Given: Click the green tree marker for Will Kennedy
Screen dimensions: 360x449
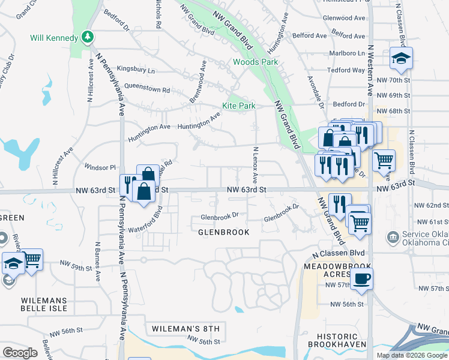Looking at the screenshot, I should point(88,37).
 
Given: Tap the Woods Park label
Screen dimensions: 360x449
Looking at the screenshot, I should point(255,62).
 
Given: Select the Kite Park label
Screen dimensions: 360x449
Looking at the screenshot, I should point(239,106).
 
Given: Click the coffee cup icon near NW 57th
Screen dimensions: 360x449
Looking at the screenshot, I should point(361,279).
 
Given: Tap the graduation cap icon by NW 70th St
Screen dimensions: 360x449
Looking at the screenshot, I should point(399,58).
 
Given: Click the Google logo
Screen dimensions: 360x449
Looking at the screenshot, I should point(20,352).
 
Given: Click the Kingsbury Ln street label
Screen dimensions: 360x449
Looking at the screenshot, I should point(135,70).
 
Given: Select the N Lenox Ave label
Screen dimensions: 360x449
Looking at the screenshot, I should point(255,165).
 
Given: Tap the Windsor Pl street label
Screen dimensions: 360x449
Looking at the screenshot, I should point(99,167).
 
